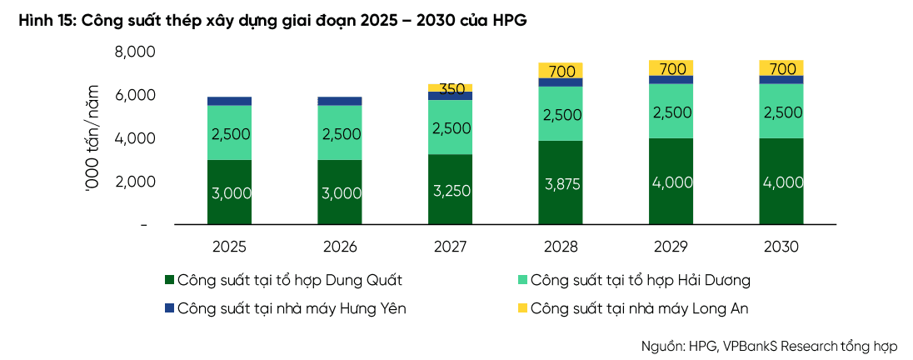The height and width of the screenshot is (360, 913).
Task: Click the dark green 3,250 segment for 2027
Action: pos(450,189)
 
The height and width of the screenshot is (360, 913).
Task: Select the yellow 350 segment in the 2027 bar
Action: pos(450,88)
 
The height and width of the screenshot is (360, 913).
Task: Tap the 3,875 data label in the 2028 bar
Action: pos(560,184)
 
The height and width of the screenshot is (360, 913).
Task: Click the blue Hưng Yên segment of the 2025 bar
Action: pos(229,101)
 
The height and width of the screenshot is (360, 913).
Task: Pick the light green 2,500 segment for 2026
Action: pos(340,132)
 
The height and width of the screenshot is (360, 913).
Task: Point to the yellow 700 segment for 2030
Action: pos(781,67)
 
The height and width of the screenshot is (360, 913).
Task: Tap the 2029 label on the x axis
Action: pos(671,247)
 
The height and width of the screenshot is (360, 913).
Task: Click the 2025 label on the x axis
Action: pos(229,247)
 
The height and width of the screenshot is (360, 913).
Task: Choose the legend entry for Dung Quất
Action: pos(283,280)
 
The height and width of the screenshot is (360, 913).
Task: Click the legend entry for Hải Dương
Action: pos(634,280)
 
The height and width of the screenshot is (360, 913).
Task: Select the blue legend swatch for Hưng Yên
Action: pos(169,308)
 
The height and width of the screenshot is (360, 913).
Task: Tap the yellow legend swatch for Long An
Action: pos(521,308)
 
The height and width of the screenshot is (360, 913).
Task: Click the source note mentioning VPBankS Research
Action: pos(769,346)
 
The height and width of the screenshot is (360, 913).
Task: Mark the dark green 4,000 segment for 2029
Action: pos(671,181)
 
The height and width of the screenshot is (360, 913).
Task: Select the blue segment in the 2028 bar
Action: pos(560,82)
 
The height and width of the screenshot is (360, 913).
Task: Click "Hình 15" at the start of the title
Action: pos(47,22)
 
